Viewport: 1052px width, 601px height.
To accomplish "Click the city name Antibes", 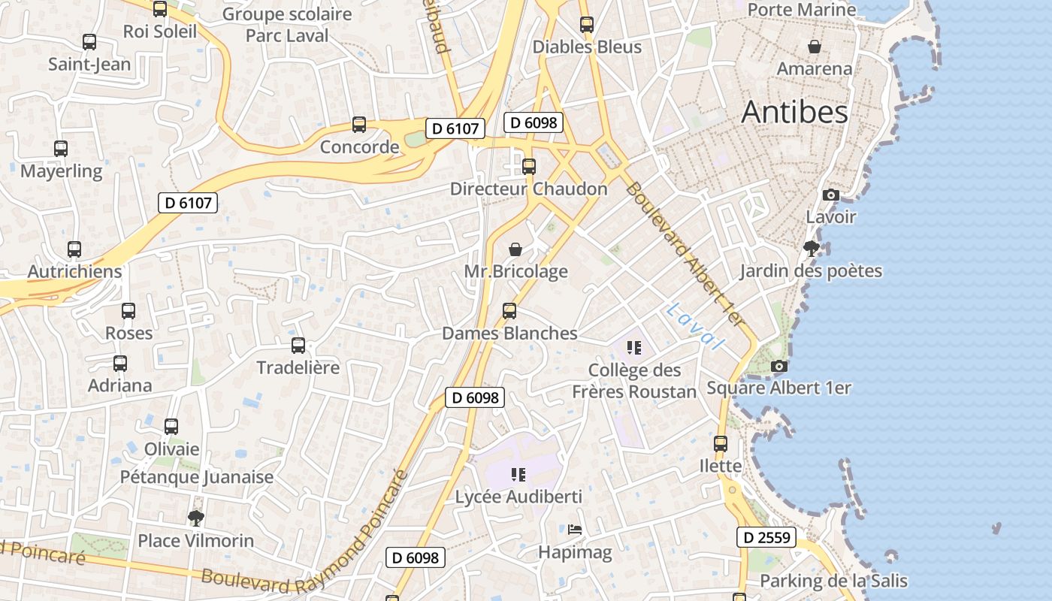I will pos(794,112).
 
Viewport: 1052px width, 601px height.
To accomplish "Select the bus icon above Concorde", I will pos(359,125).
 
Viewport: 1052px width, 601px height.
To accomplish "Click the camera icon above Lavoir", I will pos(830,195).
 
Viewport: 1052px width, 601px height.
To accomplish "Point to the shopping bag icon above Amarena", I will pos(814,47).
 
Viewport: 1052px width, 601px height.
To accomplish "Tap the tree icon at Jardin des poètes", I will pos(811,249).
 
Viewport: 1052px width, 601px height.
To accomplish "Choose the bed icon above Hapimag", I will pos(575,530).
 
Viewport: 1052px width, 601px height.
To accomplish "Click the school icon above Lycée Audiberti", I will pos(518,474).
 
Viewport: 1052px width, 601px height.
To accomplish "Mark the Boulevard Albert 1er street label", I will pos(684,255).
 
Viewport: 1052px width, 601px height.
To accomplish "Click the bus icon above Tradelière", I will pos(298,346).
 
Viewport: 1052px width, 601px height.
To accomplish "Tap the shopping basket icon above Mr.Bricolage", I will pos(515,249).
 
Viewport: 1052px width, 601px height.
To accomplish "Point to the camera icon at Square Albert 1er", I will pos(779,366).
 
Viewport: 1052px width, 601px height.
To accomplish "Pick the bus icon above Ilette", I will pos(721,443).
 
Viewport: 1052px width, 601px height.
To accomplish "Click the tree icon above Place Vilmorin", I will pos(196,518).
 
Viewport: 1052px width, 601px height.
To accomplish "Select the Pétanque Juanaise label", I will pos(197,477).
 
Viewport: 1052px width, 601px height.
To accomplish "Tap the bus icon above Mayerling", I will pos(61,149).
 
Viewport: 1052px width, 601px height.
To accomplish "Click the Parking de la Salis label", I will pos(833,581).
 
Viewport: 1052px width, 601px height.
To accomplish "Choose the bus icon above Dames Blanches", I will pos(509,311).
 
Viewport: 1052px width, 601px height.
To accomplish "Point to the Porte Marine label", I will pos(802,10).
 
